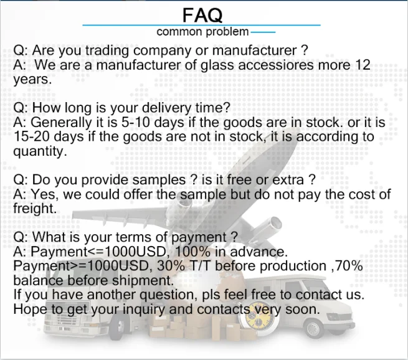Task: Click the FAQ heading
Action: [202, 15]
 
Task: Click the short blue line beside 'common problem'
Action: [263, 32]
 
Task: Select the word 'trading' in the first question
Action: [107, 50]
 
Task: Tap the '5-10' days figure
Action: [136, 122]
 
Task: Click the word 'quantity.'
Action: [40, 151]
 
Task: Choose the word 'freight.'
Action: [35, 209]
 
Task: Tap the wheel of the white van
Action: [313, 329]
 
